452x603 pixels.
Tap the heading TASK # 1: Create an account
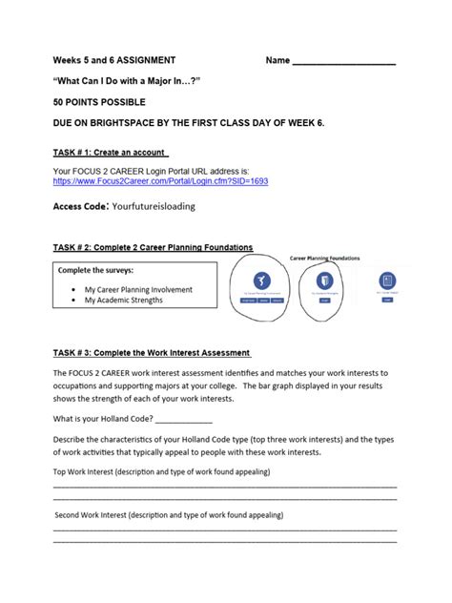tap(111, 152)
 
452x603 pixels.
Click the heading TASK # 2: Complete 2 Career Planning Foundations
tap(153, 247)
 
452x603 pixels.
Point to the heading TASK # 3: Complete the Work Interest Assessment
tap(152, 353)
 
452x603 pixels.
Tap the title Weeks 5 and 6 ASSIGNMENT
tap(113, 60)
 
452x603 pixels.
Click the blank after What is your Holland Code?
tap(183, 421)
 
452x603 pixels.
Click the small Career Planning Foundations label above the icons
tap(324, 258)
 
